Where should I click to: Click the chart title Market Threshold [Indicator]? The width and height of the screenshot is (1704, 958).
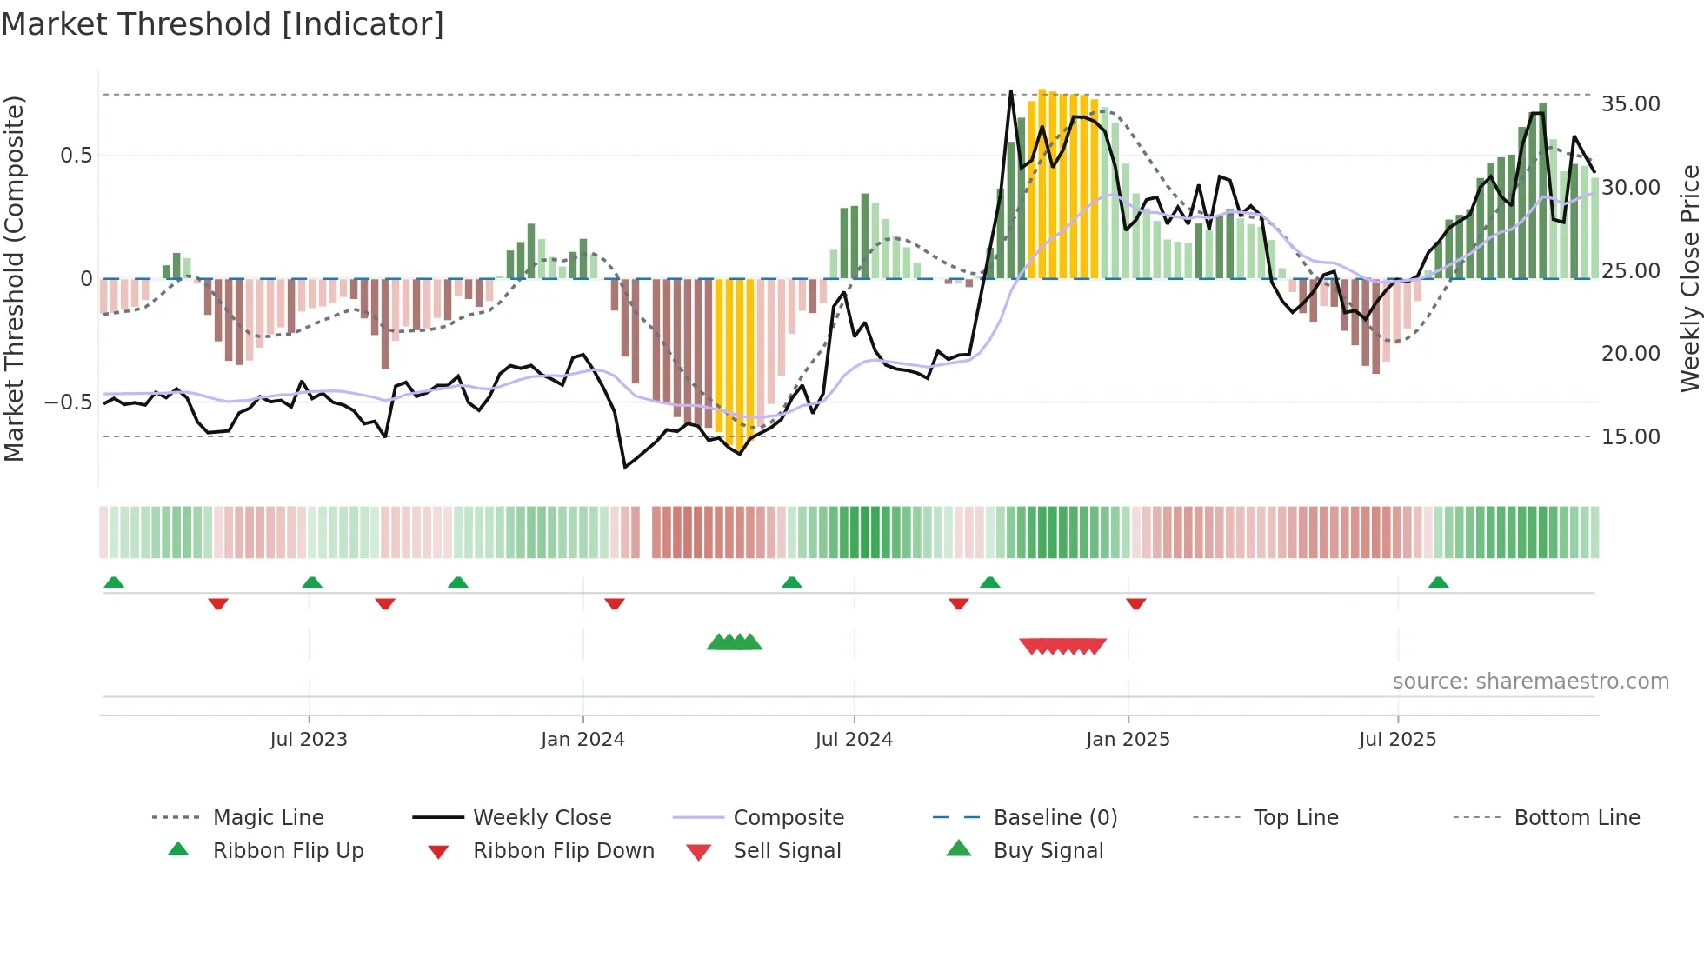pyautogui.click(x=223, y=23)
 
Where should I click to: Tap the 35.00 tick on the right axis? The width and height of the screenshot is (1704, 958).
pyautogui.click(x=1630, y=104)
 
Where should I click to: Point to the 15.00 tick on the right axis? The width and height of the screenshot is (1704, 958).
pyautogui.click(x=1630, y=437)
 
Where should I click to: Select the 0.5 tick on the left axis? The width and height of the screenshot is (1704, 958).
pyautogui.click(x=76, y=156)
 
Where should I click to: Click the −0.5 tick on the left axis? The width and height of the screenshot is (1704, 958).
pyautogui.click(x=68, y=402)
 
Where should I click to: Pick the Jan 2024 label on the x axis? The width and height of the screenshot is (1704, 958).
pyautogui.click(x=582, y=740)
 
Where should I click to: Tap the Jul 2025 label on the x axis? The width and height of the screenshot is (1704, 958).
pyautogui.click(x=1397, y=740)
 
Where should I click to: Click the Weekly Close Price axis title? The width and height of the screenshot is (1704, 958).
pyautogui.click(x=1689, y=278)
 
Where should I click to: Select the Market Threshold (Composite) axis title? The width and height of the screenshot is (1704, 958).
pyautogui.click(x=14, y=278)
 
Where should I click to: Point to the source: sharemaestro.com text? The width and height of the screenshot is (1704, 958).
pyautogui.click(x=1530, y=682)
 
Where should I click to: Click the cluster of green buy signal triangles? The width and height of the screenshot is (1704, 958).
pyautogui.click(x=735, y=642)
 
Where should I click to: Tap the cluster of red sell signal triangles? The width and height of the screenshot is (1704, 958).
pyautogui.click(x=1062, y=646)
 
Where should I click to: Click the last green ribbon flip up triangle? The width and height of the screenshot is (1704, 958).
pyautogui.click(x=1438, y=582)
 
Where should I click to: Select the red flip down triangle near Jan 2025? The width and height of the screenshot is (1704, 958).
pyautogui.click(x=1135, y=603)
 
